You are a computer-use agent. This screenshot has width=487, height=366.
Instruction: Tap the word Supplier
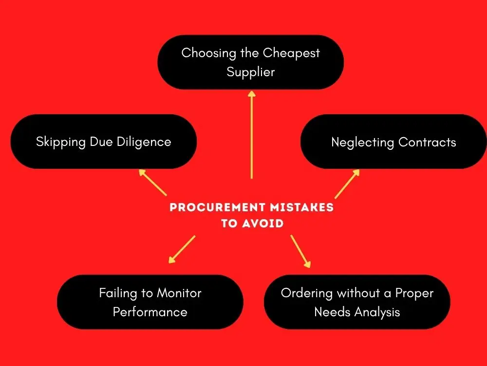click(250, 72)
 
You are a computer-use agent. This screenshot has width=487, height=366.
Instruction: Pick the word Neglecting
click(362, 142)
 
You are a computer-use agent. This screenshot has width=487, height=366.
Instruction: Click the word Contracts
click(427, 142)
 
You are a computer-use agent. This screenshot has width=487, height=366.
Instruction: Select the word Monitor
click(179, 293)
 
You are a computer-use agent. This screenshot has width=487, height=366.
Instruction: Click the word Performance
click(150, 312)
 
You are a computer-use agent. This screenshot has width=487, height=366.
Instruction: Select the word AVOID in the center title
click(262, 224)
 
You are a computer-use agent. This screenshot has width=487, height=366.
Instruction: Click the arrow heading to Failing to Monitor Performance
click(182, 249)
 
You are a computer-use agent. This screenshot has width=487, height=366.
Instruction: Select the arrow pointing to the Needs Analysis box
click(300, 251)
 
